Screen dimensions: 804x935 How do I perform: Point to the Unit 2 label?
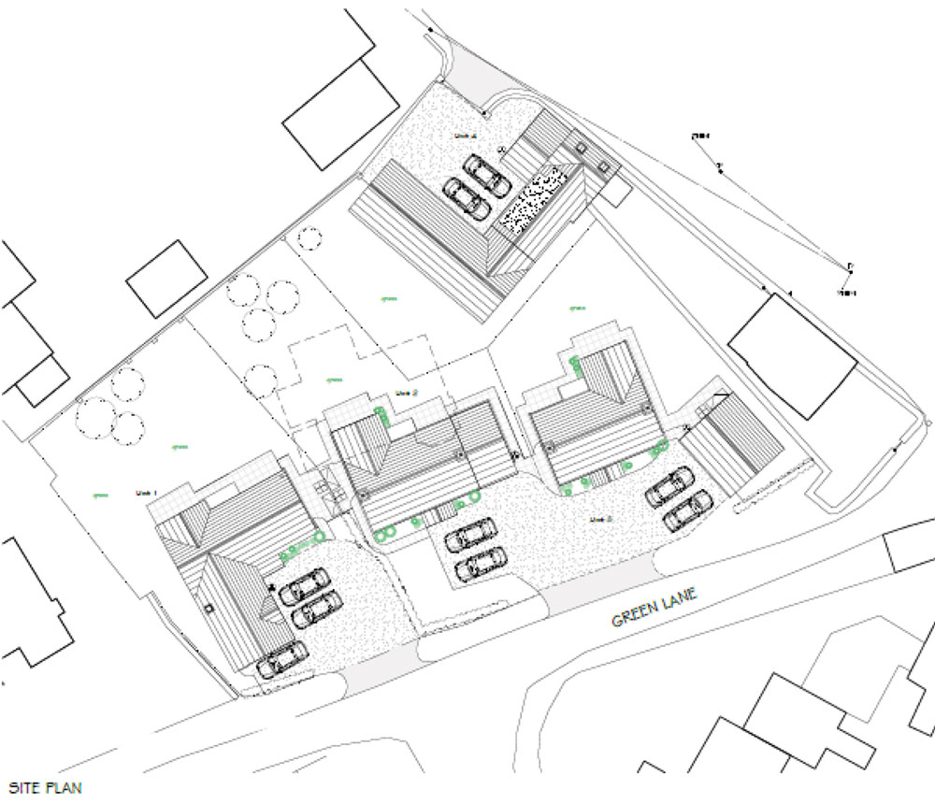coord(406,393)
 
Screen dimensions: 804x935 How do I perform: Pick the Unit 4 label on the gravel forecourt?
coord(466,136)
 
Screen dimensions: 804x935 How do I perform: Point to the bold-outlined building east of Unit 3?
coord(792,355)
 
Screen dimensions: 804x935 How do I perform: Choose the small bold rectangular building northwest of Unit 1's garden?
coord(166,279)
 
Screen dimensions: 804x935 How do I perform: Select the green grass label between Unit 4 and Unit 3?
coord(577,307)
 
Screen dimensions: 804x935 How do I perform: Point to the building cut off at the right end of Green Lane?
coord(911,547)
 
